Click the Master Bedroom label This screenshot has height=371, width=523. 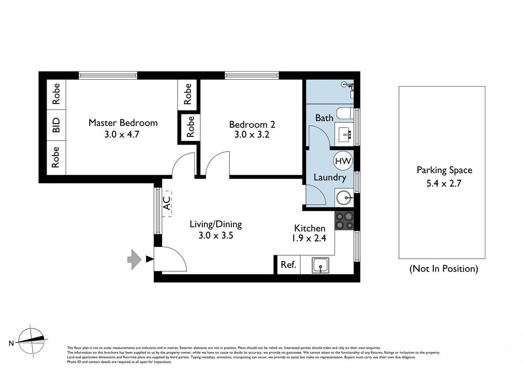pyautogui.click(x=123, y=123)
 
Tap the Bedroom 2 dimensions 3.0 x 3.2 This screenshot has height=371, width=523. pyautogui.click(x=252, y=135)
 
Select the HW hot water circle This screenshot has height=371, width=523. pyautogui.click(x=343, y=161)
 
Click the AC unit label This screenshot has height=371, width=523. pyautogui.click(x=166, y=203)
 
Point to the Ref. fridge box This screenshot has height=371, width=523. pyautogui.click(x=289, y=265)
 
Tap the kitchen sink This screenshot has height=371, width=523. pyautogui.click(x=321, y=266)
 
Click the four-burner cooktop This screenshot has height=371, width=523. pyautogui.click(x=344, y=220)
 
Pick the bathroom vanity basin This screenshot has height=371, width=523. pyautogui.click(x=344, y=135)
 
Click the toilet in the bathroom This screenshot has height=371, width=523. pyautogui.click(x=345, y=113)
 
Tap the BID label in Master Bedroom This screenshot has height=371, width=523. pyautogui.click(x=56, y=125)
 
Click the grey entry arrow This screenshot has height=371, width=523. pyautogui.click(x=134, y=260)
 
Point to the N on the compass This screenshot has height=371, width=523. pyautogui.click(x=11, y=343)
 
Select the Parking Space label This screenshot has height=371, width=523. pyautogui.click(x=444, y=170)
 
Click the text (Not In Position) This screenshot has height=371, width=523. pyautogui.click(x=444, y=269)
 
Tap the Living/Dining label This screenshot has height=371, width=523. pyautogui.click(x=216, y=224)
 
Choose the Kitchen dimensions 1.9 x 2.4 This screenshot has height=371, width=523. pyautogui.click(x=309, y=238)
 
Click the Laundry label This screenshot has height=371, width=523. pyautogui.click(x=329, y=178)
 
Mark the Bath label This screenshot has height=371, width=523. pyautogui.click(x=324, y=118)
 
